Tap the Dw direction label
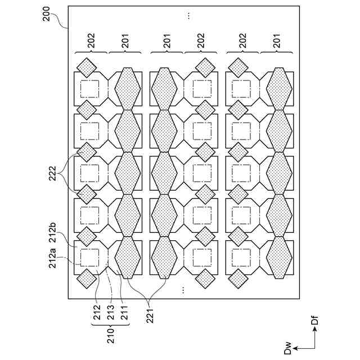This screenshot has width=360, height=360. click(289, 350)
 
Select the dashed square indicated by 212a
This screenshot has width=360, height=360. click(90, 258)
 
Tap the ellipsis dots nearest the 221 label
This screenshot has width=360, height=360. click(183, 290)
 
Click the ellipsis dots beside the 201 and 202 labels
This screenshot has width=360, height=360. click(188, 15)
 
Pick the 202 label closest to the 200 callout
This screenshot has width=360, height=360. click(91, 40)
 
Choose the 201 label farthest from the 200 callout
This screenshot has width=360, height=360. click(277, 40)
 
